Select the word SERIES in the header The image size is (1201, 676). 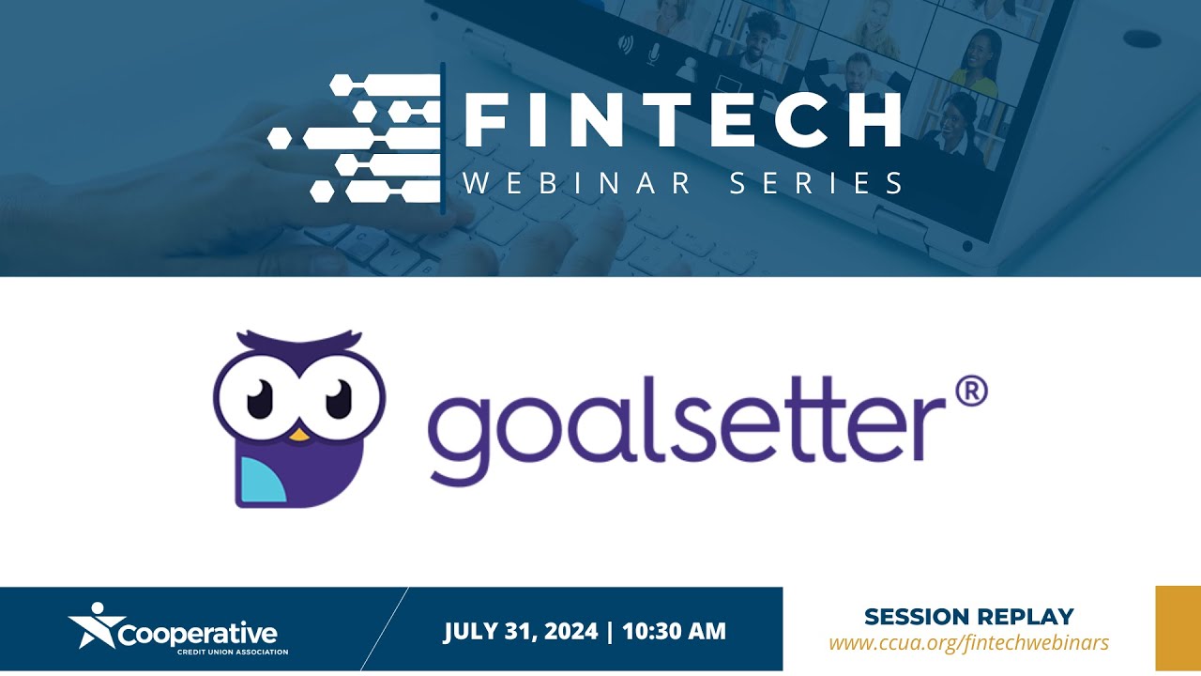pos(816,182)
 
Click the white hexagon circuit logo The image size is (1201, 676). pos(357,138)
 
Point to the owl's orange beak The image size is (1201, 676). pos(298,434)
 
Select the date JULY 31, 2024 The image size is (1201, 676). pos(521,631)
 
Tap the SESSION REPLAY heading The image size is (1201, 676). pos(968,617)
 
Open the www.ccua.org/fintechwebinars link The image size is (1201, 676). pos(968,643)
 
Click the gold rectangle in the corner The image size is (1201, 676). pos(1178,628)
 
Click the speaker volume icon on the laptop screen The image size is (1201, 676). pos(623,44)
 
